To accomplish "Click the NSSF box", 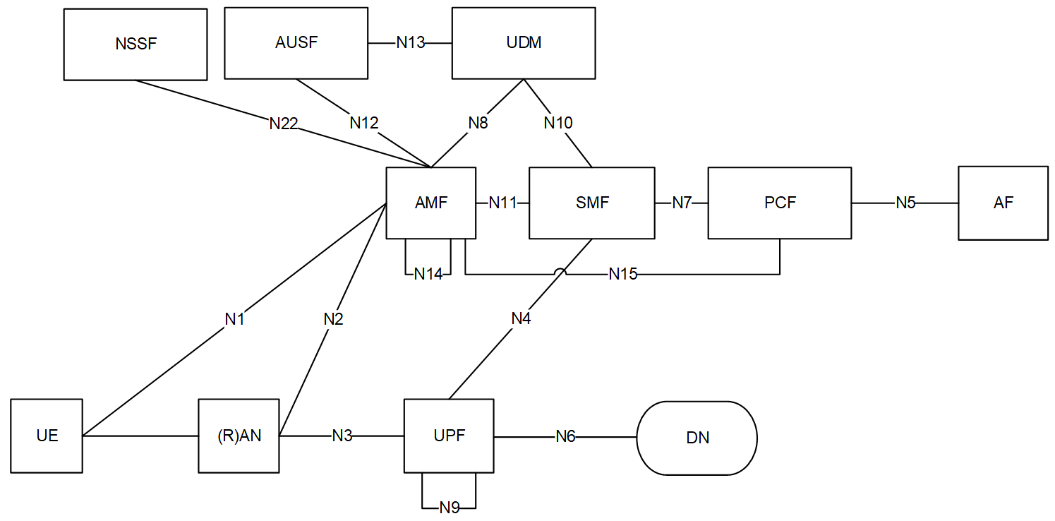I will [x=135, y=44].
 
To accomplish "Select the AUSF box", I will [x=296, y=42].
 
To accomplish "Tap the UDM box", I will [x=524, y=42].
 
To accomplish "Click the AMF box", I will [x=431, y=203].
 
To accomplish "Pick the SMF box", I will [x=591, y=203].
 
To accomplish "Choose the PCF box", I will [x=780, y=203].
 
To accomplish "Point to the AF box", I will [x=1003, y=203].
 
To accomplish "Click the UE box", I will [x=47, y=436].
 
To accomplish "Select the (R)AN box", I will [x=239, y=436].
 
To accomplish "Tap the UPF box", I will [x=449, y=436].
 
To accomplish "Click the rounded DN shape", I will [x=697, y=438].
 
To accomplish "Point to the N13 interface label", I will [x=410, y=42].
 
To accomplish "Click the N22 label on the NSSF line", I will [x=284, y=124].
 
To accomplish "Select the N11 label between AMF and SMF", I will [x=502, y=203].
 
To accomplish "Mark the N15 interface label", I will [x=622, y=274].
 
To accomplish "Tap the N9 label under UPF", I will [x=450, y=508].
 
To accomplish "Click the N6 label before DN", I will [x=565, y=436].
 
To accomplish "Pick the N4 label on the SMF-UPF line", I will [x=521, y=318].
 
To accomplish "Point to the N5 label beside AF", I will [x=905, y=203].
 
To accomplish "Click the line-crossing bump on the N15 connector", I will [x=560, y=272].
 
